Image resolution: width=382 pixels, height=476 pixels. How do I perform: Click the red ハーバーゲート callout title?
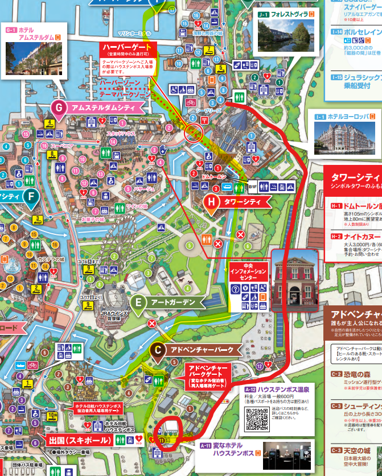pos(126,47)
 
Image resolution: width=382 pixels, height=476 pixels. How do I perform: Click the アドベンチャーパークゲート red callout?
pos(210,375)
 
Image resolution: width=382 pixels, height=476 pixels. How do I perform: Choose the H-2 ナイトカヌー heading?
pos(356,237)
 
